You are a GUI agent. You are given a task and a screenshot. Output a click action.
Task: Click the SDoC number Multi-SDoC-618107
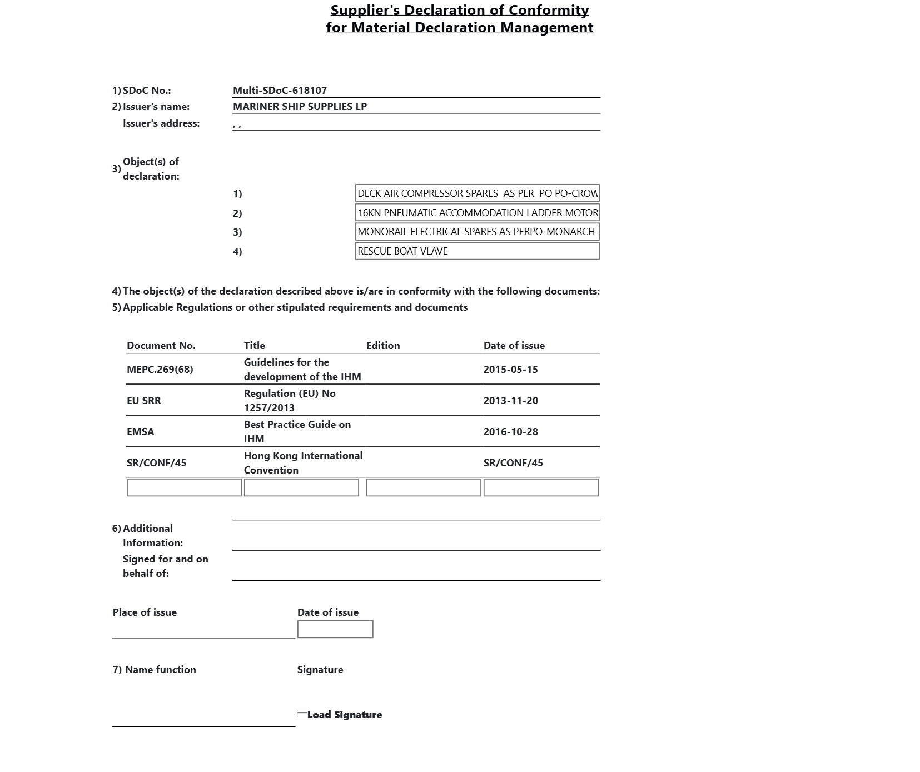(x=280, y=91)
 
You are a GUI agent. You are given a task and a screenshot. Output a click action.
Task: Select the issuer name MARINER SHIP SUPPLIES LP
(x=300, y=107)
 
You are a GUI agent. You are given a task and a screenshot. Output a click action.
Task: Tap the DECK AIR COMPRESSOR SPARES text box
(x=477, y=193)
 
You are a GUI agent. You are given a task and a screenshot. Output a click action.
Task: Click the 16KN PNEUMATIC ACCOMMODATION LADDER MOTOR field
(x=477, y=213)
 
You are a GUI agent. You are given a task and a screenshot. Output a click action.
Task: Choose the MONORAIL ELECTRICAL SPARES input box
(x=477, y=232)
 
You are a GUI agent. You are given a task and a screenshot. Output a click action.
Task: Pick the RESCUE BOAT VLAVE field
(x=477, y=251)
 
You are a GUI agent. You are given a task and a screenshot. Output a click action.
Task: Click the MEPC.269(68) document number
(x=160, y=370)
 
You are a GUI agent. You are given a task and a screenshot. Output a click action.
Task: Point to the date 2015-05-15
(x=510, y=370)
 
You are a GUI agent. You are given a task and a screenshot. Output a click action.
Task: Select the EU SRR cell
(x=143, y=401)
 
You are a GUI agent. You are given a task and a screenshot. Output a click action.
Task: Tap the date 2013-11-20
(x=510, y=401)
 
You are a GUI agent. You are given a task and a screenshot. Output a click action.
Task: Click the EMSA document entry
(x=140, y=432)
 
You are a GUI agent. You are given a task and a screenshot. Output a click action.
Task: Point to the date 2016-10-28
(x=510, y=432)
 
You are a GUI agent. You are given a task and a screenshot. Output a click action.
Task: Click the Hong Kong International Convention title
(x=303, y=462)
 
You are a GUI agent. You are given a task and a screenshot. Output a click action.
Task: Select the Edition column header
(x=382, y=346)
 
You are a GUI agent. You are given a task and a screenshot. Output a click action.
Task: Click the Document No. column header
(x=161, y=346)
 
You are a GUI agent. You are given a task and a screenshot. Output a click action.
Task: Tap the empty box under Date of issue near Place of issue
(x=335, y=629)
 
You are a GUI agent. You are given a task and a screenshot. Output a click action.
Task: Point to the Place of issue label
(x=145, y=612)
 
